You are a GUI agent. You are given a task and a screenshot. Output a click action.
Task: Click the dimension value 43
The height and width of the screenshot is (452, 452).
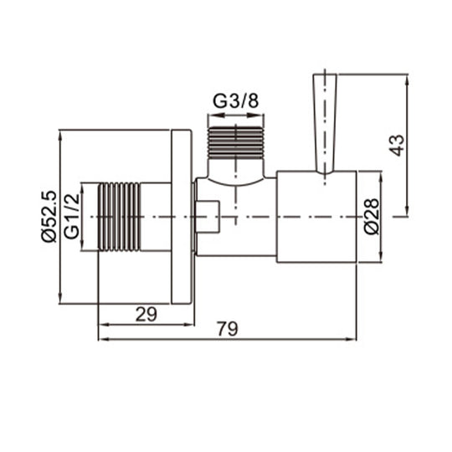coord(398,144)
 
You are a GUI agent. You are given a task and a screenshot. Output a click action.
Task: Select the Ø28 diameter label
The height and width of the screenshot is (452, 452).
coord(373,216)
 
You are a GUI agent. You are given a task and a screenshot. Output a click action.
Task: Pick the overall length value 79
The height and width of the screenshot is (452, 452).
coord(227,329)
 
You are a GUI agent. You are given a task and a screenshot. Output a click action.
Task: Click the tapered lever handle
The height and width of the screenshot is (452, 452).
coord(325,122)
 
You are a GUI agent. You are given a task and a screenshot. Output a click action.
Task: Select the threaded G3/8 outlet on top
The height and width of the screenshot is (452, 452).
coord(235,141)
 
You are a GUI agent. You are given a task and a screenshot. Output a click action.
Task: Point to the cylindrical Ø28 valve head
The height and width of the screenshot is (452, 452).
coord(316,217)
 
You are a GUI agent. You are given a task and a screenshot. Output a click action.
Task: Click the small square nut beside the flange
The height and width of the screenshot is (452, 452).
coord(208,217)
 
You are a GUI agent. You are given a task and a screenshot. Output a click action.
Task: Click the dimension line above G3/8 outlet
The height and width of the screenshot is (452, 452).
coord(235,115)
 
